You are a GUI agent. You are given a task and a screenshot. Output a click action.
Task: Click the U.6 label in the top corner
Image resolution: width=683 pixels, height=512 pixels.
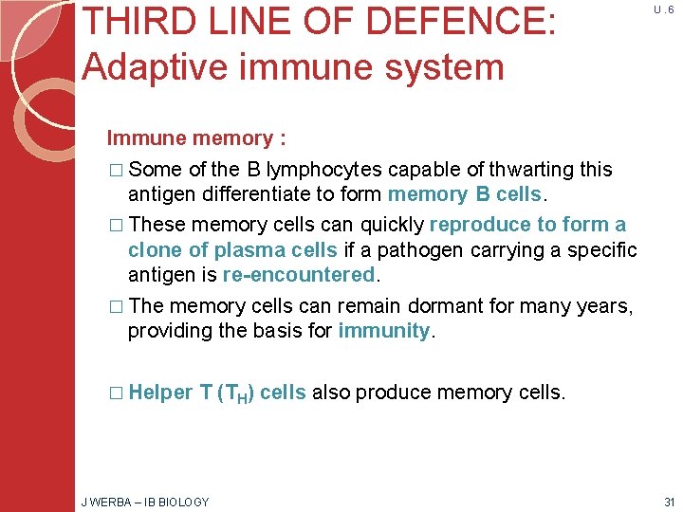(663, 10)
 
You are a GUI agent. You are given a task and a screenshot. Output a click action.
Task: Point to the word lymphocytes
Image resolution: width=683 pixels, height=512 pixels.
(325, 170)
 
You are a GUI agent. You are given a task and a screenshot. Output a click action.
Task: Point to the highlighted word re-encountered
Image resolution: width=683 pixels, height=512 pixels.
(300, 275)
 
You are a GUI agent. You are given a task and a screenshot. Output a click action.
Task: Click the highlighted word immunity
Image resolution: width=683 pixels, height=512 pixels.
(383, 331)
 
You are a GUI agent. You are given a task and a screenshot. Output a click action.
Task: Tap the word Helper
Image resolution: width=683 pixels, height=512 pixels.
(160, 393)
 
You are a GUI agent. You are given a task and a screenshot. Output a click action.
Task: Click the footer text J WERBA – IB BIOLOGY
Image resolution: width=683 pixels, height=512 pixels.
(144, 502)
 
